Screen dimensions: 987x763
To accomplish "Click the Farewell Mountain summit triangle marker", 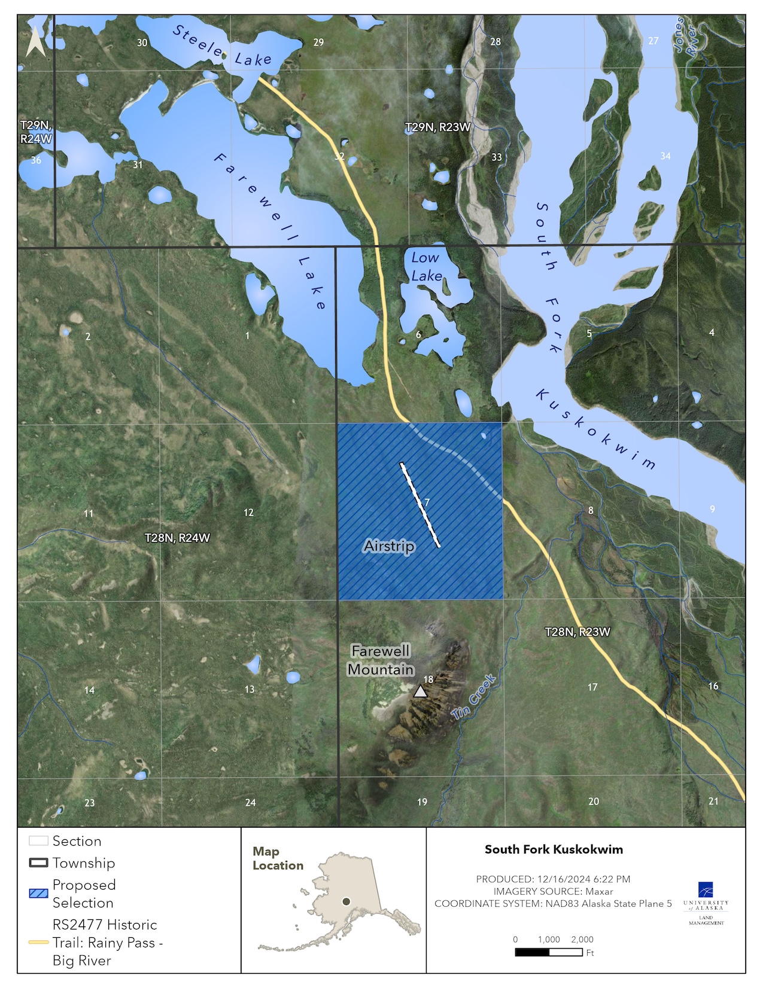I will [x=421, y=691].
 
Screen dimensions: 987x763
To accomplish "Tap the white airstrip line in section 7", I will [x=420, y=505].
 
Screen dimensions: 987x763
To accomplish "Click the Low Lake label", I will [x=426, y=267].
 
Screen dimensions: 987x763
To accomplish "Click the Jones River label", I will [x=685, y=36].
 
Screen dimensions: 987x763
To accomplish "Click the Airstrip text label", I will [x=389, y=546].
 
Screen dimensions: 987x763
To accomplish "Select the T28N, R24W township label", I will [x=177, y=538].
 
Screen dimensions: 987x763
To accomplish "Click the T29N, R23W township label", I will [x=437, y=127].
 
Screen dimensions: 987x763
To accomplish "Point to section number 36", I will [x=36, y=160].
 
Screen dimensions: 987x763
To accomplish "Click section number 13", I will [x=250, y=690].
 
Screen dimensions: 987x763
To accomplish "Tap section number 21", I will [x=713, y=801].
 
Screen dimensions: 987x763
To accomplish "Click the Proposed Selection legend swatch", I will [x=38, y=894].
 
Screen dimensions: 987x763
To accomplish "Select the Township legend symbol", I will [x=38, y=863].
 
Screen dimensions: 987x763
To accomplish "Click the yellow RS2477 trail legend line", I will [x=38, y=942].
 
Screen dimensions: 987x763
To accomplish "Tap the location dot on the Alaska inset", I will [x=346, y=901].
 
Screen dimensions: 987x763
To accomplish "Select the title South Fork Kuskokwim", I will [x=554, y=849].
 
